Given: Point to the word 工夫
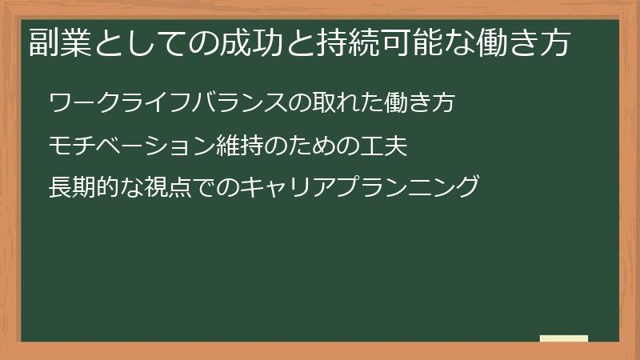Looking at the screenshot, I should (x=386, y=146).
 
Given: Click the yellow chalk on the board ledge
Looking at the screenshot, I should (x=563, y=338).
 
